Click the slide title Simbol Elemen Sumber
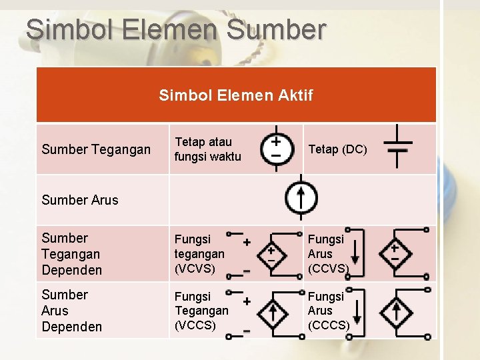[176, 30]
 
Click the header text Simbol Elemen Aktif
[235, 95]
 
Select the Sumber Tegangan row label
[96, 149]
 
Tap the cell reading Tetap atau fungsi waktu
[207, 149]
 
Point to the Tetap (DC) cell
[337, 149]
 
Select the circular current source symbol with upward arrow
[301, 197]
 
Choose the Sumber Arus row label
[79, 200]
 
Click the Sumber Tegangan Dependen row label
[71, 254]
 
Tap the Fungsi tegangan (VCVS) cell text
[199, 254]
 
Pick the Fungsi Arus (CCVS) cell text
[328, 254]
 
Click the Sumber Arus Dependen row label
[71, 311]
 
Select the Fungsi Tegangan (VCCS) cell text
[201, 311]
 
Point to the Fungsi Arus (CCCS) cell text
[328, 311]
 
